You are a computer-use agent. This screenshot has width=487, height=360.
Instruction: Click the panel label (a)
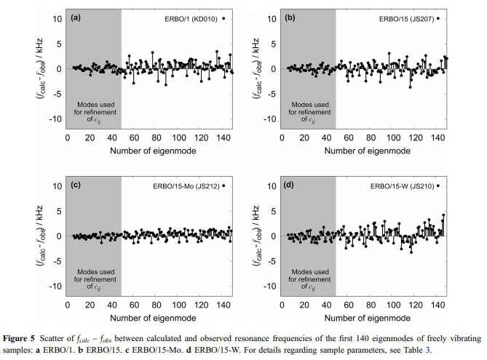point(75,17)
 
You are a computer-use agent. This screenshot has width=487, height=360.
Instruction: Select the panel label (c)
point(75,185)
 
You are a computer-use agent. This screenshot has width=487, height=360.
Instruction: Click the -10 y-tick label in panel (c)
point(56,286)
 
